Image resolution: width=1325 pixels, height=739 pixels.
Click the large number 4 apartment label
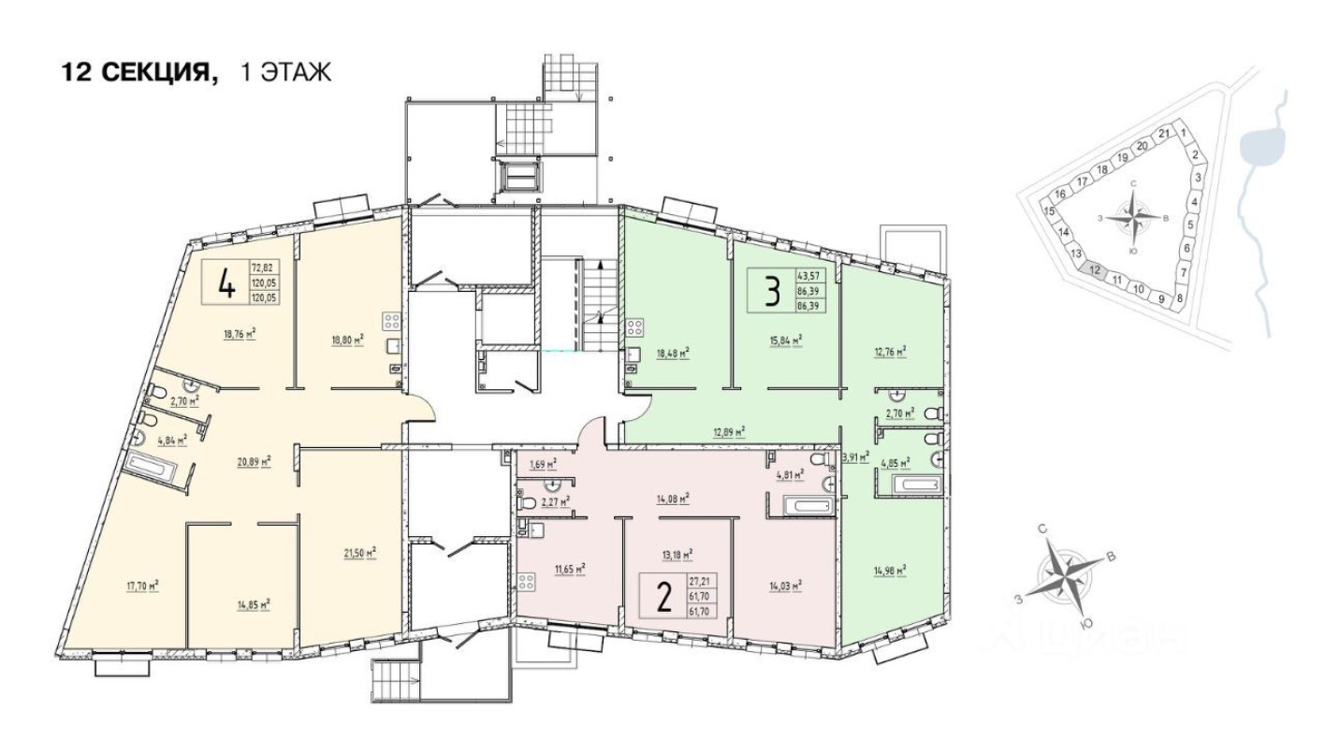tap(226, 283)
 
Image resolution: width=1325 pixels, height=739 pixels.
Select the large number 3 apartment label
tap(771, 292)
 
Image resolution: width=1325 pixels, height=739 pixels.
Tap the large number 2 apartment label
tap(663, 595)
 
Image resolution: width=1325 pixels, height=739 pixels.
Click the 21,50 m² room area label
tap(358, 552)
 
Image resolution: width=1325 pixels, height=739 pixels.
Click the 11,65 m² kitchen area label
tap(568, 568)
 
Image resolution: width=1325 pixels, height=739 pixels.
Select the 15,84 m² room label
tap(784, 342)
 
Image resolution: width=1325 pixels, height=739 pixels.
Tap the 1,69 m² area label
tap(543, 464)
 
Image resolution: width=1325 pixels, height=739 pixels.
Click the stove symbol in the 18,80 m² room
tap(391, 321)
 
